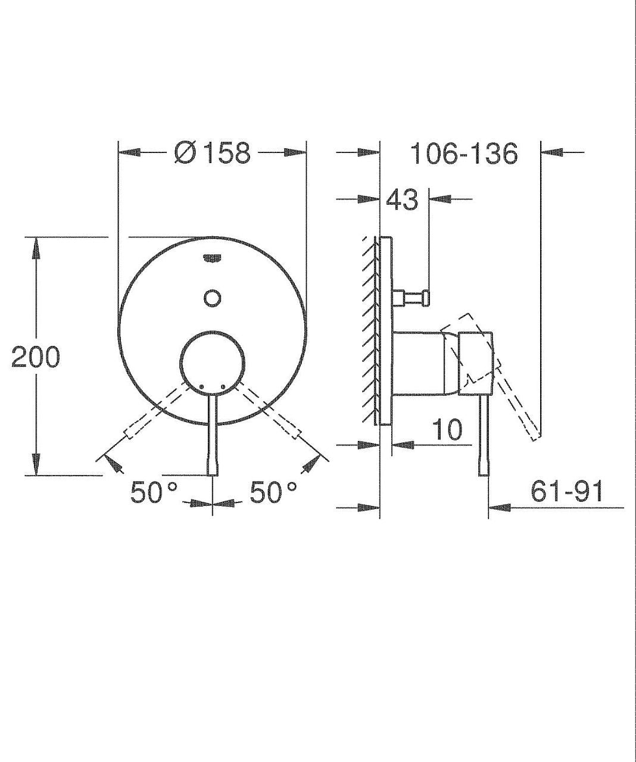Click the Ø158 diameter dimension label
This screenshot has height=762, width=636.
pyautogui.click(x=213, y=152)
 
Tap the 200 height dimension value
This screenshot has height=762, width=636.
pyautogui.click(x=35, y=357)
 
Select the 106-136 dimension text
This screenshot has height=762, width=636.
pyautogui.click(x=464, y=153)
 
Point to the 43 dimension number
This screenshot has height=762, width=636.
pyautogui.click(x=401, y=199)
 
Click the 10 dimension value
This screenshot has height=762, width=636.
pyautogui.click(x=447, y=429)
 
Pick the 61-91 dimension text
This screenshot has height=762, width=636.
pyautogui.click(x=566, y=491)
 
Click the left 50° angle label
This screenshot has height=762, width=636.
pyautogui.click(x=154, y=492)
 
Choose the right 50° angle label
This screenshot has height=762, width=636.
pyautogui.click(x=273, y=492)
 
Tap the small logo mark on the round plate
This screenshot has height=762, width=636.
pyautogui.click(x=213, y=258)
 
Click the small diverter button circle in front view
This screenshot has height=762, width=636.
pyautogui.click(x=213, y=298)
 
